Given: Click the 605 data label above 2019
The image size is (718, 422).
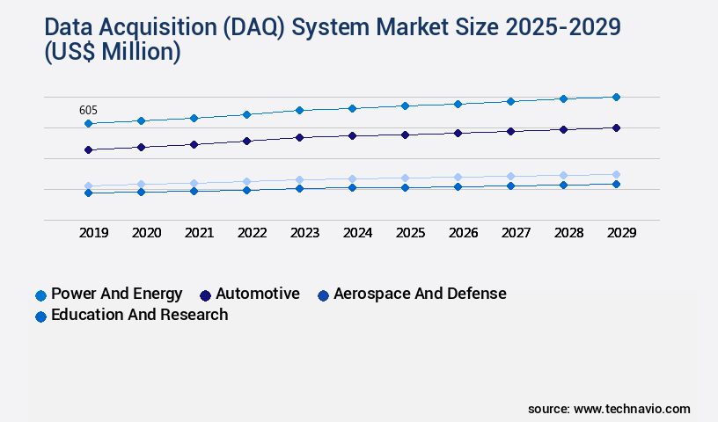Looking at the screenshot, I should pos(88,110).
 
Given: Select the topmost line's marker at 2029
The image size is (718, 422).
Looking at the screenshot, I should pos(616,97).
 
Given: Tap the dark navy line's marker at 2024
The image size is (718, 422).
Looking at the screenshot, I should pos(352,135).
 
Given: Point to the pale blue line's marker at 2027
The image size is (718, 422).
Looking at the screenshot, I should pos(510,176).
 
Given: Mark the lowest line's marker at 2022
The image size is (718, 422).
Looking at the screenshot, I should pos(246,190).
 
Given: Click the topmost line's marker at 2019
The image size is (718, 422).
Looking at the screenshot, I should pos(88,124).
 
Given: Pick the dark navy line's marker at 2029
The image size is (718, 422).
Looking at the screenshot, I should pos(616,127).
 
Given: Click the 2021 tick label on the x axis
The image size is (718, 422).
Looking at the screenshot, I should pos(199,233).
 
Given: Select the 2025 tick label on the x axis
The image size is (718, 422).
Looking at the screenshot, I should pos(410,233).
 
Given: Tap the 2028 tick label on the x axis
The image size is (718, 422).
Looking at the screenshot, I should pos(568,233).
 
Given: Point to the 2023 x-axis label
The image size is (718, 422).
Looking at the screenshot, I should pos(304,233).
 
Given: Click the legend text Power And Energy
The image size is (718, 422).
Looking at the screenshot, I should pos(117,294).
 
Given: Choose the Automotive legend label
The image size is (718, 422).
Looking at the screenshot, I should pos(258,294).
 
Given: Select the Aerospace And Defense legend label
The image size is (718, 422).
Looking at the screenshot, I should pos(420,294).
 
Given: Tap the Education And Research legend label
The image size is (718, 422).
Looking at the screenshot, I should pos(140,315).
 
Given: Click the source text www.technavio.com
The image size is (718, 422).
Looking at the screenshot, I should pos(632,409).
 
